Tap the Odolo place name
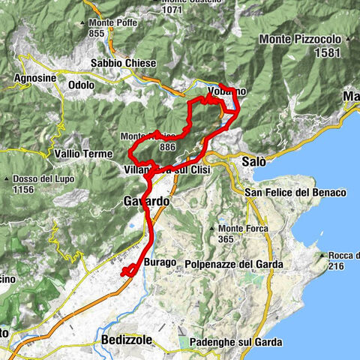81,85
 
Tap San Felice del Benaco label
295,193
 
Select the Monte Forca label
244,227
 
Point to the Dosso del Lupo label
40,179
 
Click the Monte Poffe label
109,23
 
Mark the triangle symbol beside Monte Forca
214,227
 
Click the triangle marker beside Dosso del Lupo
7,179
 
